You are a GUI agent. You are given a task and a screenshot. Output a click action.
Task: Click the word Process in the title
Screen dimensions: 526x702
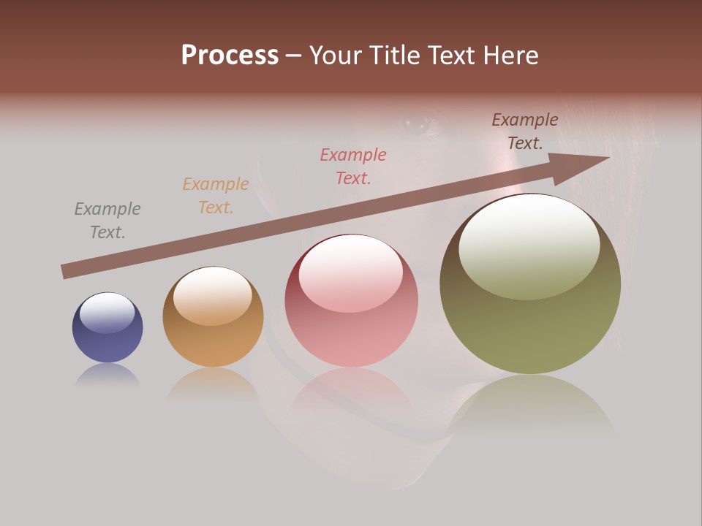coord(230,56)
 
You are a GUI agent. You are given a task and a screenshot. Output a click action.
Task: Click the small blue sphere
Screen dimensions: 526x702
coord(107,328)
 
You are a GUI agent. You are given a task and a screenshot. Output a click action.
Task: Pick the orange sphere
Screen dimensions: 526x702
coord(213,317)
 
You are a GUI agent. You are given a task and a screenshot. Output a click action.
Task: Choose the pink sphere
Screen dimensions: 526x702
coord(352,301)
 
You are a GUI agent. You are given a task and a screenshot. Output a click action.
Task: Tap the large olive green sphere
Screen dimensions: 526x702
coord(530,285)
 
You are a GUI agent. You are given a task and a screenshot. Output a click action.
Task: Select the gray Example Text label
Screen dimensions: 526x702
coord(107,221)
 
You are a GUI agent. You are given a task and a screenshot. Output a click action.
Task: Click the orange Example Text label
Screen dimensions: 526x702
coord(216,196)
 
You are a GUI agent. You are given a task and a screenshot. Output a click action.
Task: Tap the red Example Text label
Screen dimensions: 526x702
coord(353,166)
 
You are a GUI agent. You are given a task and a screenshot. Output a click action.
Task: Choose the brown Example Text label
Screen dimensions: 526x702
coord(525,131)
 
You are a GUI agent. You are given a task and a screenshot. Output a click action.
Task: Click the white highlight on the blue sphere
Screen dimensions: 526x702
coord(107,313)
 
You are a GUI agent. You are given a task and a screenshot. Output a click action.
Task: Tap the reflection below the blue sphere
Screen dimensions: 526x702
coord(107,374)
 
